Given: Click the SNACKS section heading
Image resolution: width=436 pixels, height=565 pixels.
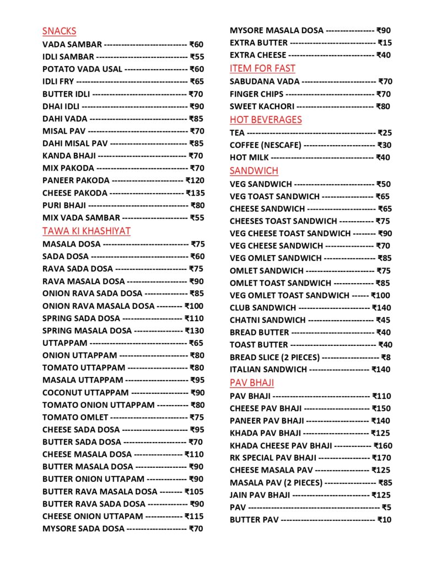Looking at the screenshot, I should pyautogui.click(x=59, y=31).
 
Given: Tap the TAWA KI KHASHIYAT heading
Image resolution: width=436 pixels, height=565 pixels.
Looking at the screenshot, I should pyautogui.click(x=86, y=231).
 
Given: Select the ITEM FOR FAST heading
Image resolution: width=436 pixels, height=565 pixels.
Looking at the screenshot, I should pyautogui.click(x=262, y=68).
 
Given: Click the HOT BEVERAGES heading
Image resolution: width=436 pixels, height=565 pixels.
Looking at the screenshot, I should pyautogui.click(x=266, y=120).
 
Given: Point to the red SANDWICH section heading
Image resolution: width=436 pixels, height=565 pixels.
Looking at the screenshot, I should pyautogui.click(x=254, y=170).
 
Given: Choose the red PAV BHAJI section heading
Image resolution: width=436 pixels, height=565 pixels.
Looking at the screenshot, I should pyautogui.click(x=252, y=383).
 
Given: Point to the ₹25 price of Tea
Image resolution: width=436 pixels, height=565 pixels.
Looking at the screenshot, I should pyautogui.click(x=384, y=133).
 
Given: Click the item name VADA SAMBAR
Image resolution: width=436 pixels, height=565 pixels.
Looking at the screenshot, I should pyautogui.click(x=72, y=45).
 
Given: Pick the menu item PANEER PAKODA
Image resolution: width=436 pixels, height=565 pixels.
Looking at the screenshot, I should pyautogui.click(x=76, y=180).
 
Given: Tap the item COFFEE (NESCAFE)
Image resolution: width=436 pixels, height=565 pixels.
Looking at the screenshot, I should pyautogui.click(x=266, y=145).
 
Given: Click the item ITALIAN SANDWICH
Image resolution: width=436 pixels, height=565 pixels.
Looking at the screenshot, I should pyautogui.click(x=268, y=370).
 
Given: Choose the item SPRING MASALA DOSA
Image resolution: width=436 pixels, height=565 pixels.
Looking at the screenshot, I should pyautogui.click(x=87, y=331).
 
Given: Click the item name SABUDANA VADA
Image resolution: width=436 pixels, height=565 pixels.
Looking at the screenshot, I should pyautogui.click(x=265, y=82).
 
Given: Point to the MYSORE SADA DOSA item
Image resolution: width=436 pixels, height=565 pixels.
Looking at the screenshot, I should pyautogui.click(x=83, y=529).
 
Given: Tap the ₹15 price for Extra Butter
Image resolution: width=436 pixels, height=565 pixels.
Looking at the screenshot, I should pyautogui.click(x=385, y=42).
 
